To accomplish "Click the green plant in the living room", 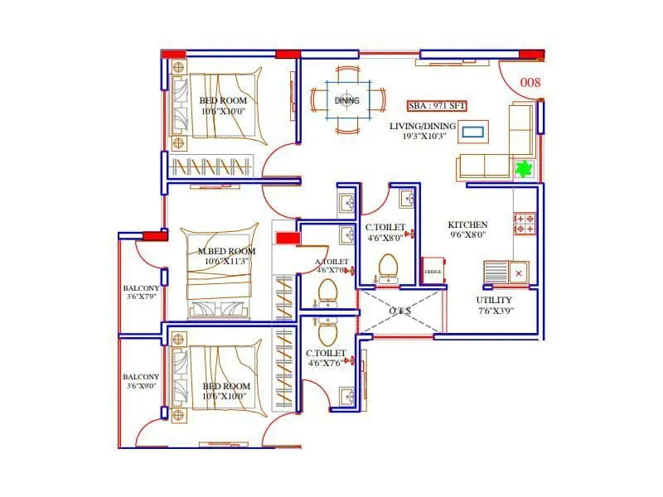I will coord(523,170).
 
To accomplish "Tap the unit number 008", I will coord(530,83).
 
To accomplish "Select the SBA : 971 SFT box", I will coord(436,106).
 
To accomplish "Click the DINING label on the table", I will coord(347,101).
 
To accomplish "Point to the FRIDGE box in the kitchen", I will coord(433,273).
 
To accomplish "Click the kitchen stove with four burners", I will coord(525,223).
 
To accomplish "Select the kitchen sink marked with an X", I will coord(506,271).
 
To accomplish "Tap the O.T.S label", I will coord(399,311).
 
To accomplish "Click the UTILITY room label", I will coord(494,300).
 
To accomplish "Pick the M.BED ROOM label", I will coord(226,251).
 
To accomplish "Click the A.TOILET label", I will coord(331,262).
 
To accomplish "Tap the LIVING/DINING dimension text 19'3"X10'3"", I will coord(423,136).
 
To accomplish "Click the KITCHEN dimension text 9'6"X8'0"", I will coord(468,234).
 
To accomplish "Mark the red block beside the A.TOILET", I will coord(287,239).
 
